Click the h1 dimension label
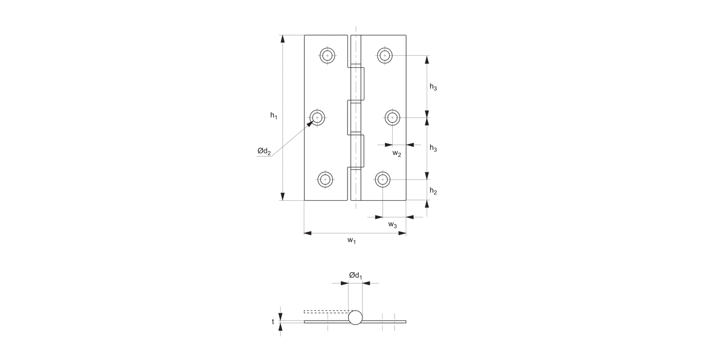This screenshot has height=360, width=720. [274, 115]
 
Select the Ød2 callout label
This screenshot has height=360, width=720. [264, 152]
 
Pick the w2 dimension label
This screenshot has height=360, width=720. [396, 154]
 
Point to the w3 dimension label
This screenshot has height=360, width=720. [392, 225]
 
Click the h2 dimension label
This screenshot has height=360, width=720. [433, 191]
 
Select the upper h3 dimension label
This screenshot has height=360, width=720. [433, 87]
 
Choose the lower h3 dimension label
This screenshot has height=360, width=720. [433, 148]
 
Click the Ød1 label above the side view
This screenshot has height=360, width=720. [356, 275]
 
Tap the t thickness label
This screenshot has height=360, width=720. [273, 322]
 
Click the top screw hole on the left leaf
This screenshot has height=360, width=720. [327, 56]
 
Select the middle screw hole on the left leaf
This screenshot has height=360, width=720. [317, 117]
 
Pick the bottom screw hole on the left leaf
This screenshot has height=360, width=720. [325, 180]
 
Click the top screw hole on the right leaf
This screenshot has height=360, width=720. [384, 55]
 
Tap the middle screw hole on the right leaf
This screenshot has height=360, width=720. [393, 117]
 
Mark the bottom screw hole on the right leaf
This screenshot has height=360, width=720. [383, 180]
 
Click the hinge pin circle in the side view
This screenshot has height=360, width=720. [355, 318]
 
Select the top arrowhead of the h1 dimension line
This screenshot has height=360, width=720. [282, 39]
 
